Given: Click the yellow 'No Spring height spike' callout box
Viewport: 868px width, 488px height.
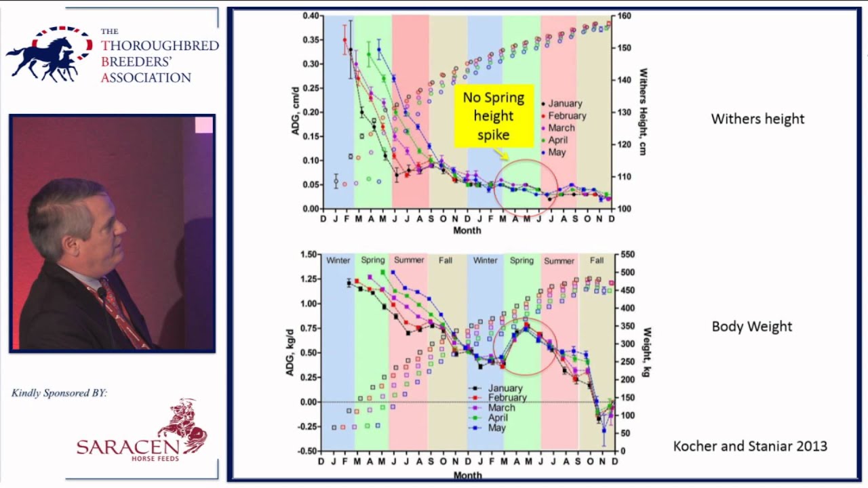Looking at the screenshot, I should click(493, 116).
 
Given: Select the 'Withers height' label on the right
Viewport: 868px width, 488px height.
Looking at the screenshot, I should click(757, 119).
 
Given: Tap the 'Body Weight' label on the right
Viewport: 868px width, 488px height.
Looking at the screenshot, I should click(751, 327).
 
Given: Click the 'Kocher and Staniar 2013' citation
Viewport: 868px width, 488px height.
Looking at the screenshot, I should click(750, 446).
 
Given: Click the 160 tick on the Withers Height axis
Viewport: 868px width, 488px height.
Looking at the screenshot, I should click(624, 16).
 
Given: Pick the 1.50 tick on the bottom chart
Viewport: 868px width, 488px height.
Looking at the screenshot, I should click(308, 255).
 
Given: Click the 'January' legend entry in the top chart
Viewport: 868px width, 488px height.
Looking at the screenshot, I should click(565, 104).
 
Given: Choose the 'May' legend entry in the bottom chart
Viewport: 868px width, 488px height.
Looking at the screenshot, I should click(497, 428).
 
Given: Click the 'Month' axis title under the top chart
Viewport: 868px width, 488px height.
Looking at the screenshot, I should click(467, 230).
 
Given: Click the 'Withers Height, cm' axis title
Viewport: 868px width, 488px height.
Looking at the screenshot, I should click(643, 112).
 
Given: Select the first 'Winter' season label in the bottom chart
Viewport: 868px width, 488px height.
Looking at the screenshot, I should click(338, 260).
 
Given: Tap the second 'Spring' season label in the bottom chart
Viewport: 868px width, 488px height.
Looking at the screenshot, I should click(521, 260).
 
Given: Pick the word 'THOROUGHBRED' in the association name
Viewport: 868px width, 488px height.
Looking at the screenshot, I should click(160, 46).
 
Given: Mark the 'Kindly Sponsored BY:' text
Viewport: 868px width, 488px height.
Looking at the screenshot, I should click(59, 393).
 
